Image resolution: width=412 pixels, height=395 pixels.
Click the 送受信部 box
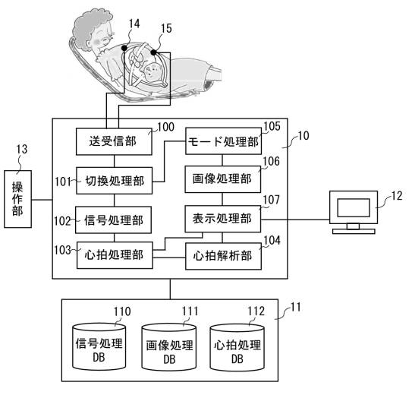coord(114,141)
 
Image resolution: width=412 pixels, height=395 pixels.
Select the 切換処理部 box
coord(114,181)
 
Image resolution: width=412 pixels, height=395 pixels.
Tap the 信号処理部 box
coord(113,220)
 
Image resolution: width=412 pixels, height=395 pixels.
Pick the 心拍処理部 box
coord(115,255)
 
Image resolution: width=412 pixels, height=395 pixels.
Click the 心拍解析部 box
coord(223,256)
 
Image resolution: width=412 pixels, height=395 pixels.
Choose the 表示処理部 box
coord(223,219)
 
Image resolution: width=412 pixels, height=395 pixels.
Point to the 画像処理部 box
coord(223,179)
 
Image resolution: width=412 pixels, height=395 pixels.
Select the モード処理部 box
coord(223,141)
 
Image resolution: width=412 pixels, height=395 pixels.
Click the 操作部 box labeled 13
coord(18,199)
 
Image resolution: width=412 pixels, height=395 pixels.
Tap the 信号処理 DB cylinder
coord(99,347)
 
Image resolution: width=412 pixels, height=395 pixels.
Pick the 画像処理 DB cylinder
coord(169,347)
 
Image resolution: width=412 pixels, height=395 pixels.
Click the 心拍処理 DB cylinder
coord(237,347)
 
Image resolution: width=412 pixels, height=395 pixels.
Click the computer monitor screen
coord(354,207)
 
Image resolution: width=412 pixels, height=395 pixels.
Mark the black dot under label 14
coord(124,48)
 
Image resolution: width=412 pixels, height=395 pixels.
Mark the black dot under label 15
coord(154,52)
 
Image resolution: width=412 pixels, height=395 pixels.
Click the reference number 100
coord(165,127)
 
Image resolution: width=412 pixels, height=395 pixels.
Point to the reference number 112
coord(256,311)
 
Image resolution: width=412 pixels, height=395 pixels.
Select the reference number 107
coord(271,200)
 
